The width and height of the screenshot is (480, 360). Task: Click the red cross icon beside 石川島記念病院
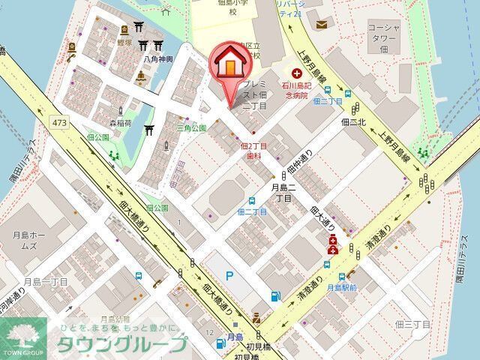[x=297, y=73]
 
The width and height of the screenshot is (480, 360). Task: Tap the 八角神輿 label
[x=158, y=58]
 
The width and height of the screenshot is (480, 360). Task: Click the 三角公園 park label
[x=191, y=128]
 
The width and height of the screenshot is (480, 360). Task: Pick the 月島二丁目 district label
[x=282, y=193]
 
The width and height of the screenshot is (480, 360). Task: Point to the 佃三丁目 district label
[x=411, y=324]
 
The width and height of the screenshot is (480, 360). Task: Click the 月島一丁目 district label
[x=44, y=281]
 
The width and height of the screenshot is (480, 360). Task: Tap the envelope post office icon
[x=322, y=25]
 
